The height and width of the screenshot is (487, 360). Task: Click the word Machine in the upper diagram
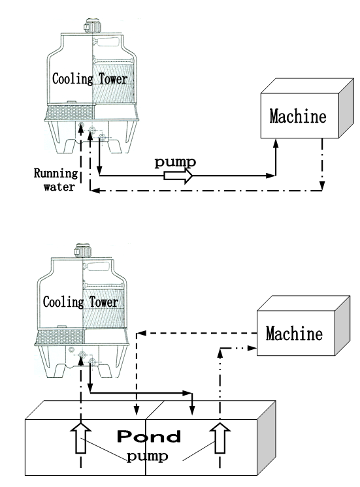click(298, 116)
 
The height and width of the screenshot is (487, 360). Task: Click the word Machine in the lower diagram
click(294, 334)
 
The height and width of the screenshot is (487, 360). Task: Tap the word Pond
click(149, 436)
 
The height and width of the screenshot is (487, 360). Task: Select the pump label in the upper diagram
click(175, 163)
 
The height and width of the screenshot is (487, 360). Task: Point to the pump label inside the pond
click(148, 456)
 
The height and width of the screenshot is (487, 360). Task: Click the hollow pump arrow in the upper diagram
click(178, 176)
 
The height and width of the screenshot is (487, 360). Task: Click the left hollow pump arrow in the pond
click(81, 438)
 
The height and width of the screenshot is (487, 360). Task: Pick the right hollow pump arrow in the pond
click(220, 438)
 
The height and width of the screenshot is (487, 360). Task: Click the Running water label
click(56, 180)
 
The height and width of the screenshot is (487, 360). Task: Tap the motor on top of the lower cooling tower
click(82, 250)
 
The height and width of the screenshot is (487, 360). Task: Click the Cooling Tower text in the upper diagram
click(90, 78)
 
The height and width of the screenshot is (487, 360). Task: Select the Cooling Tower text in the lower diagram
click(80, 302)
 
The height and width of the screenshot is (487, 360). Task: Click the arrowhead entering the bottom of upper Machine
click(276, 143)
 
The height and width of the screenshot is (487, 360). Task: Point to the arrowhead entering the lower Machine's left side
click(252, 348)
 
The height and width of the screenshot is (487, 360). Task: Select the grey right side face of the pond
click(267, 438)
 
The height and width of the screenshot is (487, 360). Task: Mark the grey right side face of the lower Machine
click(342, 326)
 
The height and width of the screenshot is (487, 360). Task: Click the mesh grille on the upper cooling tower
click(69, 112)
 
